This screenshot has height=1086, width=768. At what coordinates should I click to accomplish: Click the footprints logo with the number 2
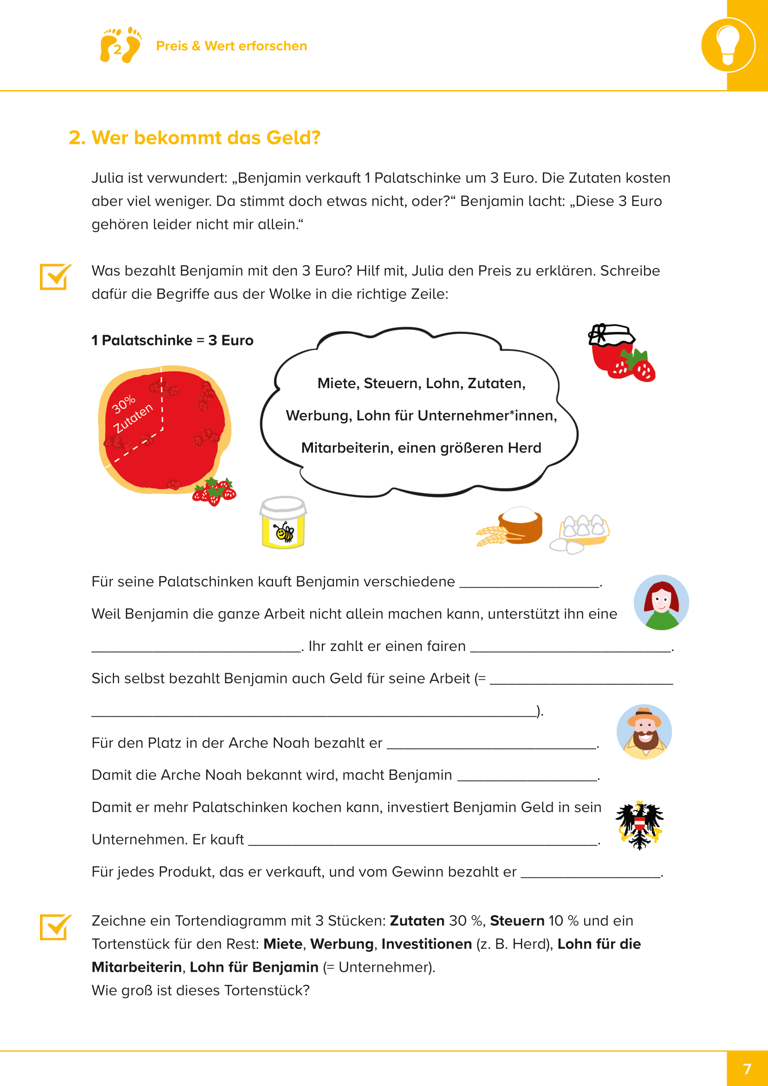tap(120, 46)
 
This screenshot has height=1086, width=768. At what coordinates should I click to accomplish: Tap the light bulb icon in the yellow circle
tap(728, 45)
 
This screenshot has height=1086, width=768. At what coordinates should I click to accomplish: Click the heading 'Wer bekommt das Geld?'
tap(195, 137)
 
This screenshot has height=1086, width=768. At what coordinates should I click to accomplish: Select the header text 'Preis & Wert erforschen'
tap(231, 46)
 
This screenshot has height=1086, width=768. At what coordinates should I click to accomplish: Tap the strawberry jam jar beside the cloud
tap(620, 352)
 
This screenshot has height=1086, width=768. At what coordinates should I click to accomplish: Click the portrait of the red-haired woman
tap(661, 602)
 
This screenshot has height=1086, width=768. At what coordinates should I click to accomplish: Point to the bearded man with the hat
tap(644, 732)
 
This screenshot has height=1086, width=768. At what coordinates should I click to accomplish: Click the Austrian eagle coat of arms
tap(639, 825)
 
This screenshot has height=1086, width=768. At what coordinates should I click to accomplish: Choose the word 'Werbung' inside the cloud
tap(318, 415)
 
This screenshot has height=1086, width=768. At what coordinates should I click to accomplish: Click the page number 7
tap(747, 1069)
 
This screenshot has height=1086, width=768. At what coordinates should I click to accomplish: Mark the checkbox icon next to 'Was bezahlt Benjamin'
tap(55, 277)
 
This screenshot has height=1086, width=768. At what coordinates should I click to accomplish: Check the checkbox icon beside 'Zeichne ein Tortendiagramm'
tap(55, 927)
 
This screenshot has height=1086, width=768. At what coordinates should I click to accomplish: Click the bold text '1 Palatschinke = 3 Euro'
tap(172, 340)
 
